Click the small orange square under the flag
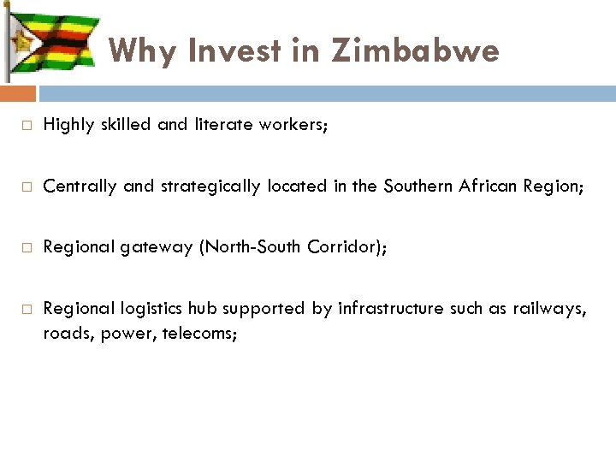click(18, 92)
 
